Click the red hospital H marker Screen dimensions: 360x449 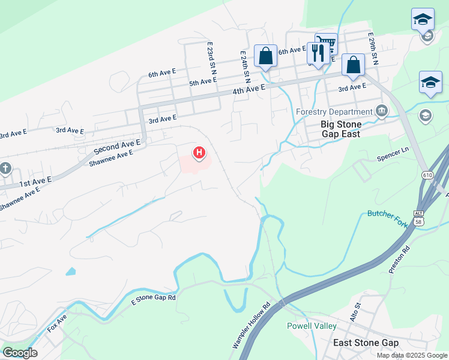click(199, 153)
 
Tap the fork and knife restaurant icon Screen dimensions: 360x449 click(316, 53)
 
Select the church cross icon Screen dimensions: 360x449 click(5, 169)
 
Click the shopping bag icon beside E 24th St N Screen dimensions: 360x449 click(265, 56)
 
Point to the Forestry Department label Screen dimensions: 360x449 click(334, 112)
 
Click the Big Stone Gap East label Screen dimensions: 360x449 click(341, 129)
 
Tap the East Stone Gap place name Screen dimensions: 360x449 click(366, 343)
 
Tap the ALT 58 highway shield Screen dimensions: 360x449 click(419, 217)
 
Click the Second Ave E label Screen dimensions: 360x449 click(116, 146)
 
